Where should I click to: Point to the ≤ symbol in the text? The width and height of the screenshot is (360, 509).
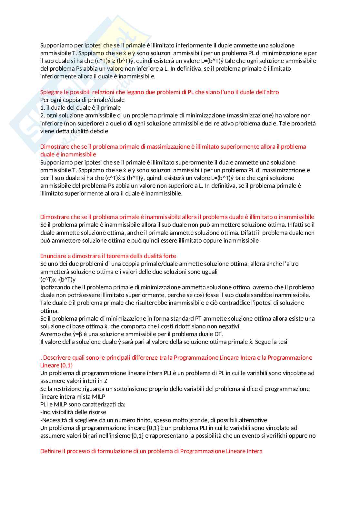pos(124,178)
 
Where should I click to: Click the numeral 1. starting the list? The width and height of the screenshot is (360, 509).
pos(43,108)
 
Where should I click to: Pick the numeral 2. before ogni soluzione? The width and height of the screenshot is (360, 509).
pos(43,115)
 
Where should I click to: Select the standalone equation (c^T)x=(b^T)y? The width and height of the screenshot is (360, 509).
pos(58,280)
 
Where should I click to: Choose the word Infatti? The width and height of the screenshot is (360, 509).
pos(296,225)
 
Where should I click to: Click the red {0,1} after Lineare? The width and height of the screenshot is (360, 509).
pos(66,365)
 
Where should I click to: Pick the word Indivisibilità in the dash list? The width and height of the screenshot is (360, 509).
pos(58,412)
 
